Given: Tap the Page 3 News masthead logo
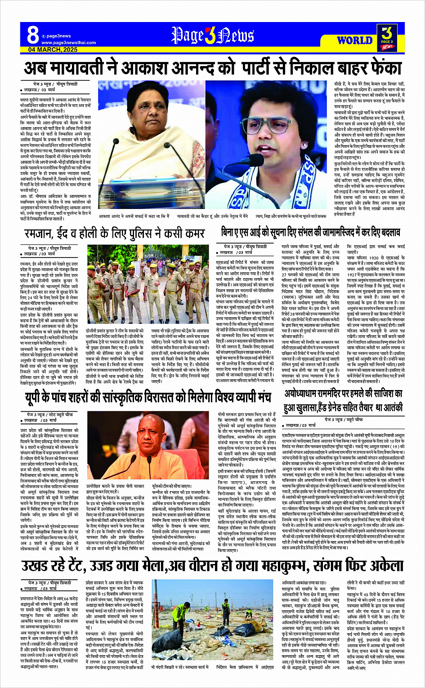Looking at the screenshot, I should pos(212,36).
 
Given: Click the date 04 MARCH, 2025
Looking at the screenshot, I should pos(53,49).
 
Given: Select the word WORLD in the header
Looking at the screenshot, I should pos(354,40).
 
